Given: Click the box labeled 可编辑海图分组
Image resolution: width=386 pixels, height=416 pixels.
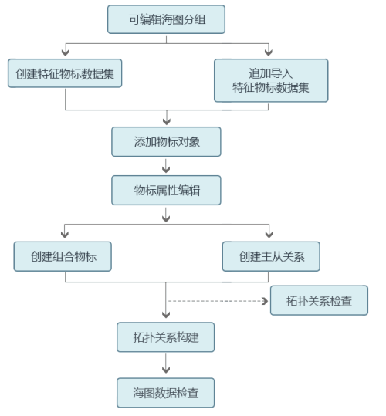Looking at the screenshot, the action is click(x=166, y=19).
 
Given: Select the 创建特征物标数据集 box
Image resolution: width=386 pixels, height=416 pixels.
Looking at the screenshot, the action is click(x=65, y=73).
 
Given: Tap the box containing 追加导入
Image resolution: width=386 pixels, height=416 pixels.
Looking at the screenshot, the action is click(x=271, y=80).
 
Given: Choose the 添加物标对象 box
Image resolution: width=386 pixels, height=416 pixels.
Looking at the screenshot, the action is click(x=166, y=142).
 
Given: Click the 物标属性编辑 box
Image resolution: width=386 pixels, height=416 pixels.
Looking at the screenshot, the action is click(x=166, y=190).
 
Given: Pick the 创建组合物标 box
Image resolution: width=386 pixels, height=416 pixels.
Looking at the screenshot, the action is click(x=63, y=256).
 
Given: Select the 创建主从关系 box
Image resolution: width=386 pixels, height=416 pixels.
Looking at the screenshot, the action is click(x=271, y=256).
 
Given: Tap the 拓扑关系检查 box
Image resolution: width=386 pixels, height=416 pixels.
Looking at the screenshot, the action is click(x=319, y=300).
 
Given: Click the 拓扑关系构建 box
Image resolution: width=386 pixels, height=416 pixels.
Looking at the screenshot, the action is click(x=166, y=337).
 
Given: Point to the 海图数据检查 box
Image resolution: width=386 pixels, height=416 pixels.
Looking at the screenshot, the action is click(x=166, y=393).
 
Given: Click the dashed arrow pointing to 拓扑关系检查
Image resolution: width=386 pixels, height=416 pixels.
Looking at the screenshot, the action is click(x=218, y=301).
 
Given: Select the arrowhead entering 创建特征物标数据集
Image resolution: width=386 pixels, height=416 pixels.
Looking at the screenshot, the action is click(x=66, y=52).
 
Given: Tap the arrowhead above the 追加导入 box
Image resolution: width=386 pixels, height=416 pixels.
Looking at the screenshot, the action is click(x=269, y=52).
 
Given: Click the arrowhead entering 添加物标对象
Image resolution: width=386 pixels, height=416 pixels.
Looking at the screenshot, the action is click(x=167, y=121).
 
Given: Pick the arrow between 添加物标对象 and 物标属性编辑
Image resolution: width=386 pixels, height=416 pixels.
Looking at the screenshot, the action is click(x=166, y=166).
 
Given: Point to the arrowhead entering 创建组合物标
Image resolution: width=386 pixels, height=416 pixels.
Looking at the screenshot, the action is click(x=65, y=234).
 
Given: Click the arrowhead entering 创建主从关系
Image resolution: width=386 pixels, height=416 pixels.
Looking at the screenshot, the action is click(x=269, y=234).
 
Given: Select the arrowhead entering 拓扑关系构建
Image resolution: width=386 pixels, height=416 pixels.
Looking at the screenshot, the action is click(x=166, y=314).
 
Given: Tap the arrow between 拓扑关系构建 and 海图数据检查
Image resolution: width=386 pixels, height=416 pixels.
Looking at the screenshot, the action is click(x=166, y=364).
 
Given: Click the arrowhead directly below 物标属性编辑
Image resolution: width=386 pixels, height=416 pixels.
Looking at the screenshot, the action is click(x=166, y=218).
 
